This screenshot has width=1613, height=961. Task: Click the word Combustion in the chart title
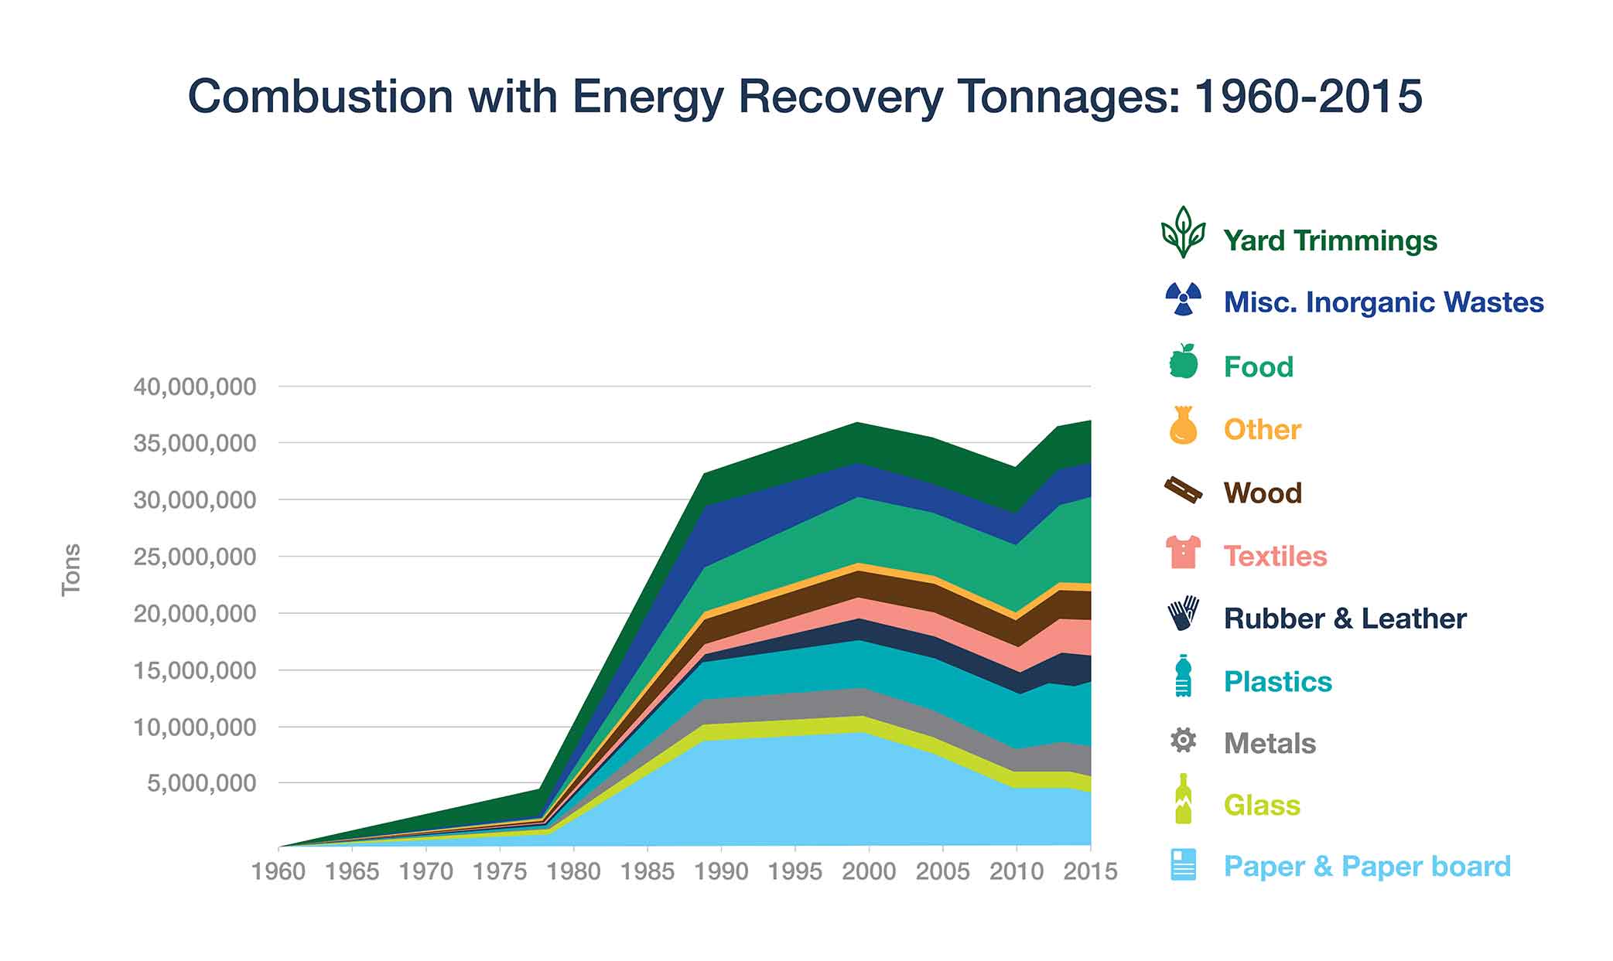[320, 97]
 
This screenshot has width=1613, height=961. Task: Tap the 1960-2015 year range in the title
[1307, 97]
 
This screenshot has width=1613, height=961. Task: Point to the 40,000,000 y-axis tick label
[194, 387]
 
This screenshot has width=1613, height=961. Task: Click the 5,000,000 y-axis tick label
[202, 783]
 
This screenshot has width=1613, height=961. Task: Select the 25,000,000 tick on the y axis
[194, 557]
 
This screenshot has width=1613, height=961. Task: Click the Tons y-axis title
[71, 570]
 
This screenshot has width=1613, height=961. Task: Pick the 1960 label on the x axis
[279, 871]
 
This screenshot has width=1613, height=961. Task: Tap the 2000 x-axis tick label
[869, 871]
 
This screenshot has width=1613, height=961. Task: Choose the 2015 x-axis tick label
[1090, 871]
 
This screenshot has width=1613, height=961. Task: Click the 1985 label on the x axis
[648, 871]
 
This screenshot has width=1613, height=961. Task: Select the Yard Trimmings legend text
[1330, 240]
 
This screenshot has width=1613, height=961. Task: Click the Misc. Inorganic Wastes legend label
[1383, 302]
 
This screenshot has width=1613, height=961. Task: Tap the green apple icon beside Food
[1183, 361]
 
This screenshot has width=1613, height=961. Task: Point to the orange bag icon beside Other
[1183, 425]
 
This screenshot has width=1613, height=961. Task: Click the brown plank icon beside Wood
[1183, 489]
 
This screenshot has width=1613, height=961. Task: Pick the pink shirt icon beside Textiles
[1183, 552]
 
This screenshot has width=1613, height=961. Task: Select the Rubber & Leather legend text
[1345, 619]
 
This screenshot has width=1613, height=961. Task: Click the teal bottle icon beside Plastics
[1183, 676]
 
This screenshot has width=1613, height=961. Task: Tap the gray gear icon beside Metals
[1183, 741]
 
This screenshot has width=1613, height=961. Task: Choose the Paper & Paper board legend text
[1367, 866]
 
